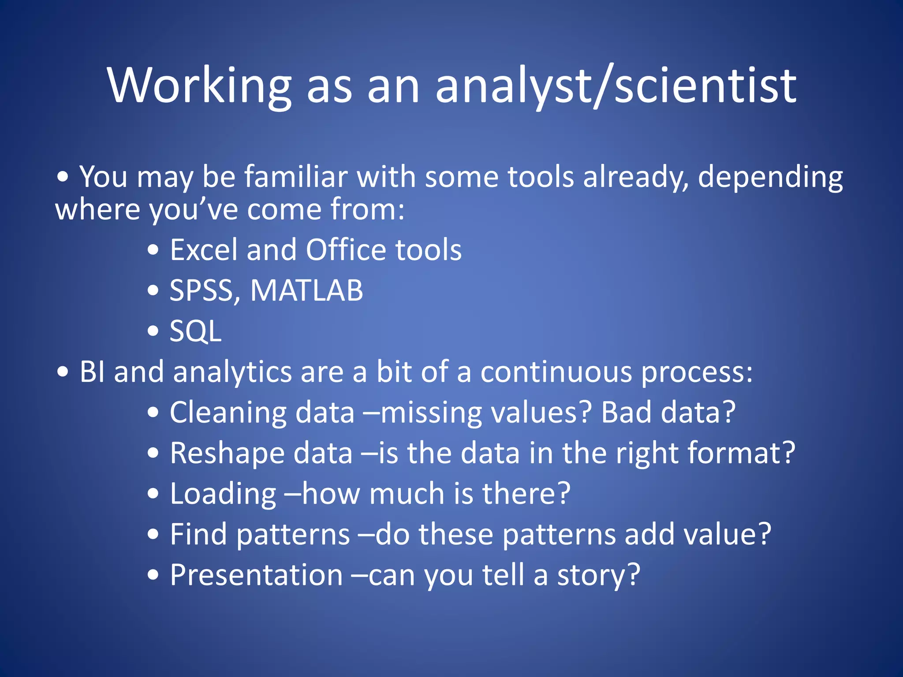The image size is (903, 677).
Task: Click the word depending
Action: [x=770, y=177]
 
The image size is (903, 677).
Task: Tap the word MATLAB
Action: [x=307, y=291]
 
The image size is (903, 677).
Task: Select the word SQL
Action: [x=195, y=331]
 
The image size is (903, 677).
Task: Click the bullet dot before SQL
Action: [x=153, y=331]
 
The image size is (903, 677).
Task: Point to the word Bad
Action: [x=626, y=413]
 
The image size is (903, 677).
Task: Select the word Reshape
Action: [x=228, y=454]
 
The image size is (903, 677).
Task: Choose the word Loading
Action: [x=223, y=494]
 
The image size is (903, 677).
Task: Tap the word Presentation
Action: [x=256, y=575]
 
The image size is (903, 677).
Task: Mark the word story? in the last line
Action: [x=598, y=575]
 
